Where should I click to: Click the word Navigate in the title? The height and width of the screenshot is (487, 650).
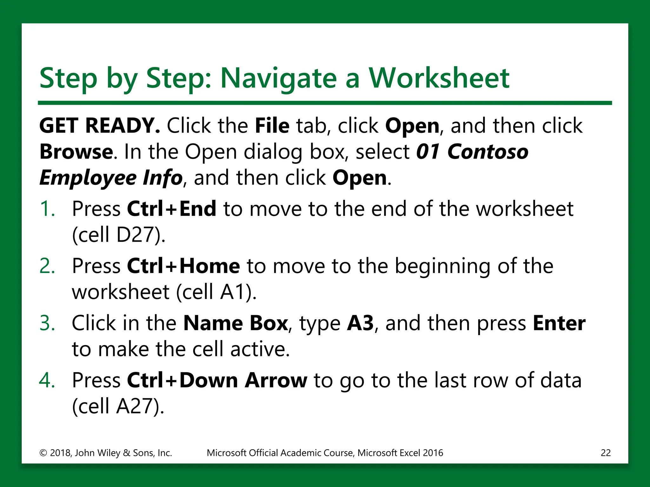(278, 78)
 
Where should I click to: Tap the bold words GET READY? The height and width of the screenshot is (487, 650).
(100, 126)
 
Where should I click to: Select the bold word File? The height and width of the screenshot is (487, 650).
(272, 126)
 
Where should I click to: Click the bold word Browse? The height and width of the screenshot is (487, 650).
(76, 152)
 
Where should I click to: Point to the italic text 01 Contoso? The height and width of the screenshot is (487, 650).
(472, 152)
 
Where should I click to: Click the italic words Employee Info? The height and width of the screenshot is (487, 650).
(111, 178)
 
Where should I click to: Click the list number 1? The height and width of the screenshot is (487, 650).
(47, 209)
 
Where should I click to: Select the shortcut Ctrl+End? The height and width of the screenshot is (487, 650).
(171, 209)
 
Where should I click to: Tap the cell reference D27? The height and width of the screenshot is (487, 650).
(136, 235)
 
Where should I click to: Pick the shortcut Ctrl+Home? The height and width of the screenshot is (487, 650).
(183, 266)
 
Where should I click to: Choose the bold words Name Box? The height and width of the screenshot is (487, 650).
(235, 323)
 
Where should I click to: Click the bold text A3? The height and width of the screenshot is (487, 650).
(360, 323)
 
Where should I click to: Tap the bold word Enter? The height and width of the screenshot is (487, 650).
(559, 323)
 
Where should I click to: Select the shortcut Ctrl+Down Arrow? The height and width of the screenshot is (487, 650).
(217, 380)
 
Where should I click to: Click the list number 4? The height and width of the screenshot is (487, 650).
(47, 380)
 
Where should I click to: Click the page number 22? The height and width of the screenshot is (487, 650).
(606, 453)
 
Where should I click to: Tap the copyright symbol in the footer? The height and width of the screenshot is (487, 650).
(43, 453)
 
